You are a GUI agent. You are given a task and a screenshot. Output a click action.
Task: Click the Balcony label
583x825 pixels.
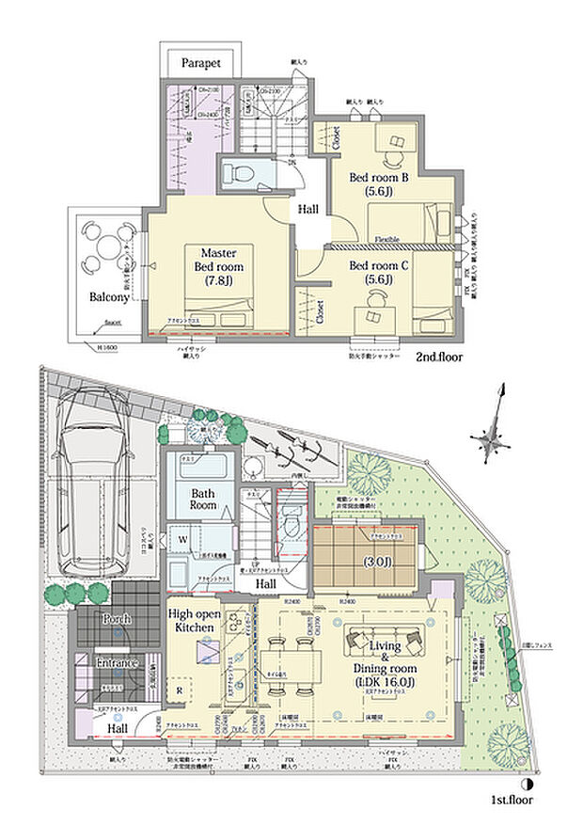pyautogui.click(x=97, y=296)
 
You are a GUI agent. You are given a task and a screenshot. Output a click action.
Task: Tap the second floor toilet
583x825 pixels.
pyautogui.click(x=235, y=173)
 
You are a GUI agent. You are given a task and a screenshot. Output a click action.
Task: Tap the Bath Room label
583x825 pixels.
pyautogui.click(x=204, y=499)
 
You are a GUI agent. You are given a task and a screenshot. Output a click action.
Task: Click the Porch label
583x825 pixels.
pyautogui.click(x=118, y=620)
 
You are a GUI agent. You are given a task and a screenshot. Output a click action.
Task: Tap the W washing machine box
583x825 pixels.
pyautogui.click(x=181, y=540)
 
